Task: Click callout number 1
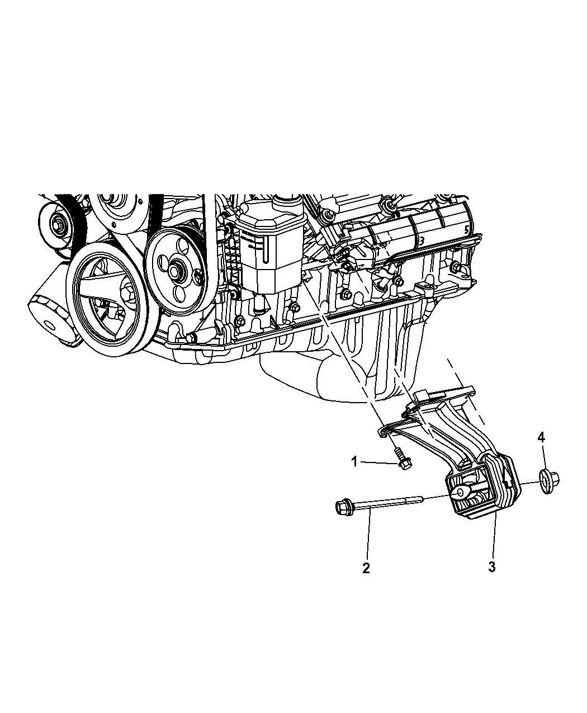point(354,462)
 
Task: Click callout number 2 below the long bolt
point(366,568)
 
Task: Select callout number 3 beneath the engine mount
point(491,566)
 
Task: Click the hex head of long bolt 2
point(342,508)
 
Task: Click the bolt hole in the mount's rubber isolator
point(459,492)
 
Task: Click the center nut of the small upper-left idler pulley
point(58,225)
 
